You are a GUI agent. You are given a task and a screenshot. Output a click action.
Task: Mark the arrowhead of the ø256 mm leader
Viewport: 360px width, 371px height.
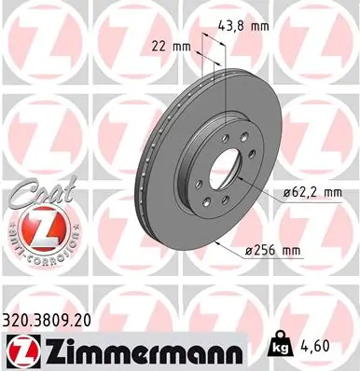pyautogui.click(x=216, y=240)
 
